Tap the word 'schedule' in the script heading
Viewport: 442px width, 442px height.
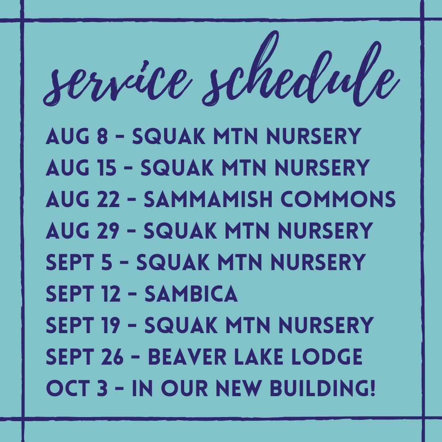[301, 69]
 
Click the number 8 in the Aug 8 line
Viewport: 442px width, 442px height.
[102, 136]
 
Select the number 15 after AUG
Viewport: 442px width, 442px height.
[107, 168]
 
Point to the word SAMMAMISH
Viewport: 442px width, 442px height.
[208, 199]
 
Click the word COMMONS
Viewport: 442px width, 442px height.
[338, 199]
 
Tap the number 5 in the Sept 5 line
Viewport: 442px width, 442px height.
[106, 262]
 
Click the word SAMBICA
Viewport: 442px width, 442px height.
[192, 294]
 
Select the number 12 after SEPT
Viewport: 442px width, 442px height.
[111, 294]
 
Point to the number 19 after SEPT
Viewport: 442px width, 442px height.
[111, 325]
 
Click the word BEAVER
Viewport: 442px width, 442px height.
[187, 357]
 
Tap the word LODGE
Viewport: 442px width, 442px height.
[327, 357]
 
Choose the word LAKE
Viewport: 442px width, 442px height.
[259, 357]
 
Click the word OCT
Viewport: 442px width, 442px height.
[68, 388]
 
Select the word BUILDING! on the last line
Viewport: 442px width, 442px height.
[322, 388]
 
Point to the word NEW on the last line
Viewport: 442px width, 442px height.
[239, 388]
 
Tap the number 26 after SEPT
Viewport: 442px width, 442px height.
[113, 357]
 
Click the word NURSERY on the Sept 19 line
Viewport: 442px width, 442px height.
[326, 325]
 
